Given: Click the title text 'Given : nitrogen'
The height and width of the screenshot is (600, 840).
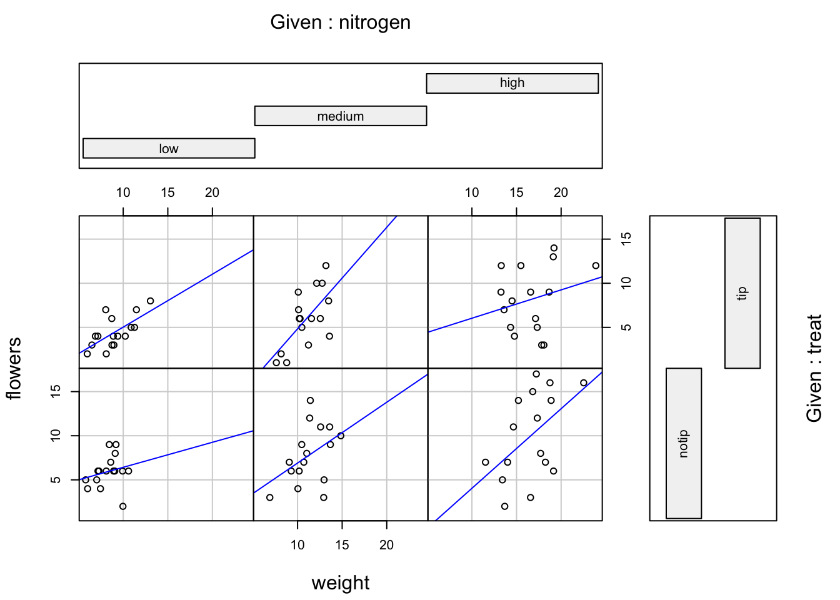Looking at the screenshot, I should [x=340, y=22].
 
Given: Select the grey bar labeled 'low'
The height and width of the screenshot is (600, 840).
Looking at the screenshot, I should [x=169, y=148].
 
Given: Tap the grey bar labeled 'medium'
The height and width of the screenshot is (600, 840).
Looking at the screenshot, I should [x=341, y=116].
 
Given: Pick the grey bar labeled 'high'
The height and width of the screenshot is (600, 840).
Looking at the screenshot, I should [x=512, y=83].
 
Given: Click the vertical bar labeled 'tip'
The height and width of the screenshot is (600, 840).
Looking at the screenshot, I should [x=742, y=292].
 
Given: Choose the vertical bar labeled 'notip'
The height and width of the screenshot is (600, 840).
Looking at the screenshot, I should [x=683, y=443].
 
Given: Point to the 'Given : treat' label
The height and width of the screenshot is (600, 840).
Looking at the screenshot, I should [x=814, y=368].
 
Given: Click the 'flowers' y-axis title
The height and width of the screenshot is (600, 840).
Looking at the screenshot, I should [x=14, y=368].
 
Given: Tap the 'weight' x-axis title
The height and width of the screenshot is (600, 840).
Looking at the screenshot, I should [x=341, y=582].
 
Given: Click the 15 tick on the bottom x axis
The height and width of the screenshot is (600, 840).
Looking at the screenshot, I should [x=342, y=544].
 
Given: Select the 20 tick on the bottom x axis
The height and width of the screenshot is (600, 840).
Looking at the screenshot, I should [x=386, y=544].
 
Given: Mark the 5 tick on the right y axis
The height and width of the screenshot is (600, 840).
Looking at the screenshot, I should [x=626, y=327].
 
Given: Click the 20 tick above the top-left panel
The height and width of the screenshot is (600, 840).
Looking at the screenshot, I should [x=212, y=192].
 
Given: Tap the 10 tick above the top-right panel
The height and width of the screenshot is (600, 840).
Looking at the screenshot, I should [x=472, y=192].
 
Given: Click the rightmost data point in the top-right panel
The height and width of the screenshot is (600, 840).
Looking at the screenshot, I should [x=596, y=266].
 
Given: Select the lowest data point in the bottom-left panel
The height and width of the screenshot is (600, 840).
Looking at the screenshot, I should [x=123, y=506].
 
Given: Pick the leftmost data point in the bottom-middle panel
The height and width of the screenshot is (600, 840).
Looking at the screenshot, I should [x=270, y=497].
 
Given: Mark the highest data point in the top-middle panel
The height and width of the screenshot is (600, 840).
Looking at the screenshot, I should [x=326, y=266].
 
